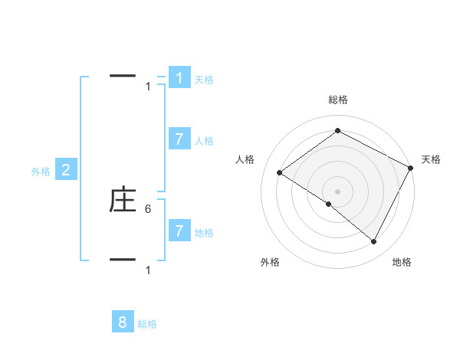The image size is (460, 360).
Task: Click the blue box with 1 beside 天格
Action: coord(179,78)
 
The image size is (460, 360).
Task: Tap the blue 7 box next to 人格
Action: coord(179,139)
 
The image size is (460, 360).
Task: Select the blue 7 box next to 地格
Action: coord(179,231)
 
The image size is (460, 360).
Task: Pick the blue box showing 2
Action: coord(66,170)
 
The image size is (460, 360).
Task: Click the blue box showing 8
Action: coord(123,322)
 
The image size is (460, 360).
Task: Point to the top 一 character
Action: coord(123,76)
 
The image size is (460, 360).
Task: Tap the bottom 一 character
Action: coord(123,260)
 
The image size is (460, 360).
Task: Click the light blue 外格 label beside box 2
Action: coord(41,172)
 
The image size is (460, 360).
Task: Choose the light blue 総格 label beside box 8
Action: coord(147,325)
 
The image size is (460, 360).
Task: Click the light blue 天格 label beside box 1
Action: coord(204,80)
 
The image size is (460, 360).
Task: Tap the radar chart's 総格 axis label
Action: coord(338,100)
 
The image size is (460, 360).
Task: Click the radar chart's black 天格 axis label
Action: coord(431,159)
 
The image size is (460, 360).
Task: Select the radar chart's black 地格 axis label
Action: coord(402,262)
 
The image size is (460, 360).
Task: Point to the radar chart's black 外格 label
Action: coord(270,262)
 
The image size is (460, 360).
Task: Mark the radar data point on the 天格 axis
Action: coord(411,168)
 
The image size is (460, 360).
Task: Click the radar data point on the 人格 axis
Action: coord(280,173)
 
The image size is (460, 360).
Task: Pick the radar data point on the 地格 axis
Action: coord(374,241)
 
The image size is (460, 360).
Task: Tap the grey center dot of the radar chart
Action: coord(337,191)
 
